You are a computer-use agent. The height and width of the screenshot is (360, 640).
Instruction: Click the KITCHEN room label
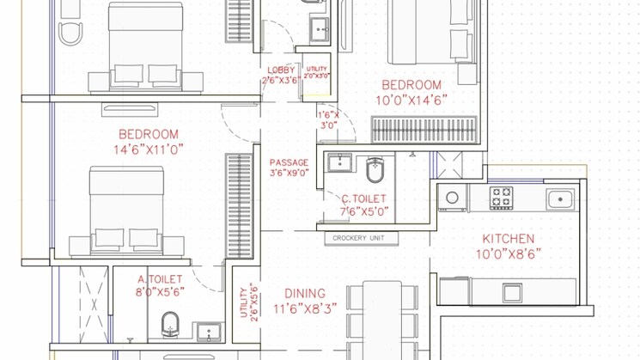point(509,239)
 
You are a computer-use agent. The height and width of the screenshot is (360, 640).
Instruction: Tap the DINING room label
point(305,294)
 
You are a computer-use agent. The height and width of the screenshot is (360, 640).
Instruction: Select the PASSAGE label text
point(289,162)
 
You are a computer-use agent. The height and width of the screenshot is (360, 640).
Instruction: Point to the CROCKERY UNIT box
point(361,238)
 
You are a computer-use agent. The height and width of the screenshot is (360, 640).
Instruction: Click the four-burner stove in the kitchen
point(501,198)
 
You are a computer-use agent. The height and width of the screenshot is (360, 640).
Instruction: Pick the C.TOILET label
point(363,199)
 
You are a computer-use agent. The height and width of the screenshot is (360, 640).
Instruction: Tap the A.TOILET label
point(160,279)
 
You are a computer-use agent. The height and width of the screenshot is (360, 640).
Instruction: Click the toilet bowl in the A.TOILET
point(170,325)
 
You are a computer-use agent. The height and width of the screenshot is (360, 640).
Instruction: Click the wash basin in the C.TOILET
point(339,163)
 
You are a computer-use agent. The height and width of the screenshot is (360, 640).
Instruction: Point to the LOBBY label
point(281,70)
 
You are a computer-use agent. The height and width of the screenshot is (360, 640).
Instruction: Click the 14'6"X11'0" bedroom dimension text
point(148,149)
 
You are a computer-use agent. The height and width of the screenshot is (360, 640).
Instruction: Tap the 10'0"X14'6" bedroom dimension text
point(411,100)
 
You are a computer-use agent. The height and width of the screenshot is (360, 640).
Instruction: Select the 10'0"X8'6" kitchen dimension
point(509,254)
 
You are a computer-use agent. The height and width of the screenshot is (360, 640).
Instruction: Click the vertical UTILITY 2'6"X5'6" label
point(248,302)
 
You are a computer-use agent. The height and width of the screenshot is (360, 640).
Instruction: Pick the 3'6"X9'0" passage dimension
point(289,173)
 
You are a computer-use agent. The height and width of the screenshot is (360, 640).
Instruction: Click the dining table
point(382,320)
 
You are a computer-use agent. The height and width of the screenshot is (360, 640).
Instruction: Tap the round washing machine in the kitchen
point(452,198)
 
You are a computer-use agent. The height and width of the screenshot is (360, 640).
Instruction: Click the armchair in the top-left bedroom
point(70,34)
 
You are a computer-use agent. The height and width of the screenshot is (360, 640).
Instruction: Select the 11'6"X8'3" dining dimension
point(305,309)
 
